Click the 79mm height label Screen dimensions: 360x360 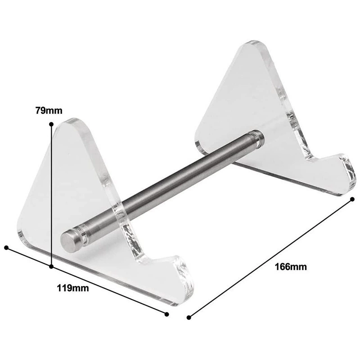(x=49, y=110)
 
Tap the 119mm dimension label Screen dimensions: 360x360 (x=73, y=288)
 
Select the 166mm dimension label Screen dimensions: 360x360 (x=291, y=267)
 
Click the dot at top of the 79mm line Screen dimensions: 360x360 (x=51, y=124)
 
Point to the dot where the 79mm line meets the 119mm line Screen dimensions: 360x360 (x=51, y=266)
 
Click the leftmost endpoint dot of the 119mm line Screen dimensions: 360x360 (x=6, y=247)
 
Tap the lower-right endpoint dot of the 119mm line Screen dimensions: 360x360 (x=167, y=314)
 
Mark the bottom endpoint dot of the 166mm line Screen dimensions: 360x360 (x=189, y=318)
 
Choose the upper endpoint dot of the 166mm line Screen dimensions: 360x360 (x=352, y=199)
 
